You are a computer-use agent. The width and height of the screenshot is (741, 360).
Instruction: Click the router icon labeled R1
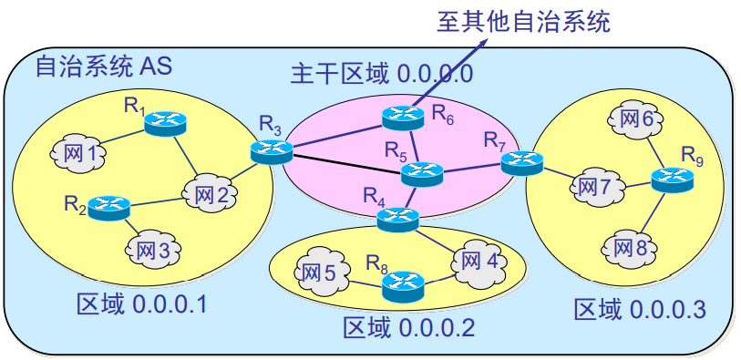click(x=165, y=121)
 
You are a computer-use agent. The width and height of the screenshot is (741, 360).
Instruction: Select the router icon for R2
click(x=108, y=207)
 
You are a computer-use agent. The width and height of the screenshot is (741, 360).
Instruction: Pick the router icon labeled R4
click(x=398, y=219)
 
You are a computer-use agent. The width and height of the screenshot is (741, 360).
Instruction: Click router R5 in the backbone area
click(x=421, y=172)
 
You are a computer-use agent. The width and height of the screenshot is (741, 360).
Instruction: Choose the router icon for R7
click(x=521, y=162)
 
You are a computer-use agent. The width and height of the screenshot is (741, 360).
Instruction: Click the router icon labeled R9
click(x=672, y=178)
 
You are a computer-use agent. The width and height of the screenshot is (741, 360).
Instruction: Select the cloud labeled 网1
click(x=80, y=153)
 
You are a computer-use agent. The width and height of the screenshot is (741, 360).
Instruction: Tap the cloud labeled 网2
click(x=211, y=193)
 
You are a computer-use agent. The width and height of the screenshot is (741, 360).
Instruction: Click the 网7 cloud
click(x=598, y=187)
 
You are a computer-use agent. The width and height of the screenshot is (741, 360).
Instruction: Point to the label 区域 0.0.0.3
click(x=640, y=309)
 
